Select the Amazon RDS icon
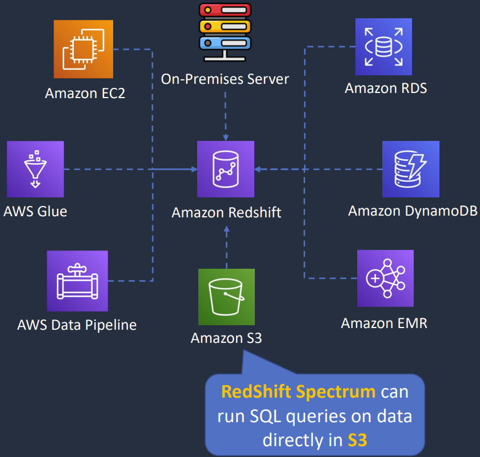(383, 46)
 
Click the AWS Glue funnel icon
(35, 169)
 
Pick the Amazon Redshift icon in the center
(226, 169)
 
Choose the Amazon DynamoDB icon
(411, 169)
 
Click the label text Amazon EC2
(85, 92)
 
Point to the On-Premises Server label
(225, 79)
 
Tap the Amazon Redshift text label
(226, 213)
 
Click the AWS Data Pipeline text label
(77, 325)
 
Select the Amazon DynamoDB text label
(413, 211)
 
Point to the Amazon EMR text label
(384, 323)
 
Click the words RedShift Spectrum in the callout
(298, 392)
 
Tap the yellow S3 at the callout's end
(357, 440)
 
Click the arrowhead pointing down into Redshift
(226, 138)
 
